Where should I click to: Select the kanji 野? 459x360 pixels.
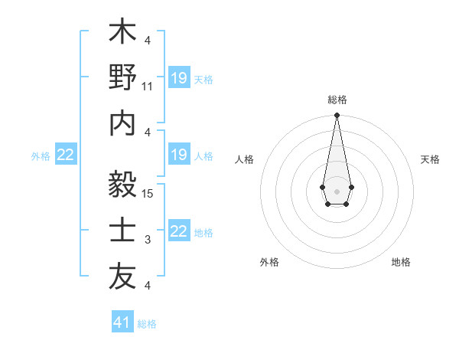pos(122,79)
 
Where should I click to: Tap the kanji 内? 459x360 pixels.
pos(122,125)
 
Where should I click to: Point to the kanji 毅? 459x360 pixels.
pos(122,185)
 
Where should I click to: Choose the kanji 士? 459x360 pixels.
pos(122,231)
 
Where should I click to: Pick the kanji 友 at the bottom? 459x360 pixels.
pos(122,277)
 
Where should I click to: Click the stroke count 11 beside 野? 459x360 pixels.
pos(148,87)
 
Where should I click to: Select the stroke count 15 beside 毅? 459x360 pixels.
pos(148,193)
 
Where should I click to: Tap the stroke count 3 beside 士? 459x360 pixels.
pos(148,240)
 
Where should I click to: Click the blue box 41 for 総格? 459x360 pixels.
pos(122,322)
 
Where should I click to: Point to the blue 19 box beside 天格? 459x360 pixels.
pos(178,78)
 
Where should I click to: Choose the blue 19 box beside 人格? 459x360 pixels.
pos(178,155)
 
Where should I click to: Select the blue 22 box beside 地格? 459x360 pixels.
pos(178,231)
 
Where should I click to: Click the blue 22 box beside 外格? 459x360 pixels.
pos(66,155)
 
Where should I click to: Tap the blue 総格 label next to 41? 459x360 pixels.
pos(147,323)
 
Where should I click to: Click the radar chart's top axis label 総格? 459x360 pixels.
pos(337,100)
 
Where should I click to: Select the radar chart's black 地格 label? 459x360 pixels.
pos(401,262)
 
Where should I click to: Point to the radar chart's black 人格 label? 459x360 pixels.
pos(245,159)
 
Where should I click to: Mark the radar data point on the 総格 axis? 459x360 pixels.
pos(337,116)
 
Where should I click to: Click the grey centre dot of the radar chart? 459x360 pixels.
pos(337,191)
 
